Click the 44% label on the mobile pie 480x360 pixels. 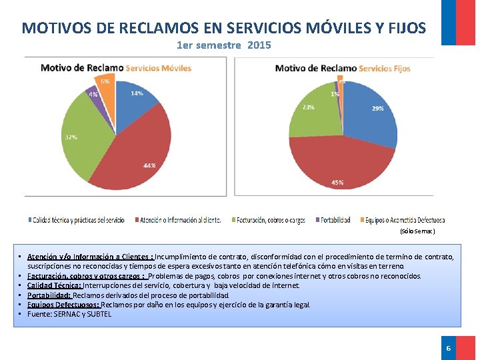coord(149,165)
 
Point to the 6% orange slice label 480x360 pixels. coord(105,81)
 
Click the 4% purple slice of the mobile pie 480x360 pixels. coord(93,94)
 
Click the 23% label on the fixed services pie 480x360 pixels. coord(309,107)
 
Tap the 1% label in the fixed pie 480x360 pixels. coord(335,94)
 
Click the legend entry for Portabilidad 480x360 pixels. coord(334,219)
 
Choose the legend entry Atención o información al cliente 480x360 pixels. coord(180,219)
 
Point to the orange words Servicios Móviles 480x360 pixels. coord(158,68)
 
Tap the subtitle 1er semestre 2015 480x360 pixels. coord(224,45)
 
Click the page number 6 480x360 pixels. coord(449,348)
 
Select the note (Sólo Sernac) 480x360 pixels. coord(417,231)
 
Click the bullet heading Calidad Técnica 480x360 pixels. coord(53,285)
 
